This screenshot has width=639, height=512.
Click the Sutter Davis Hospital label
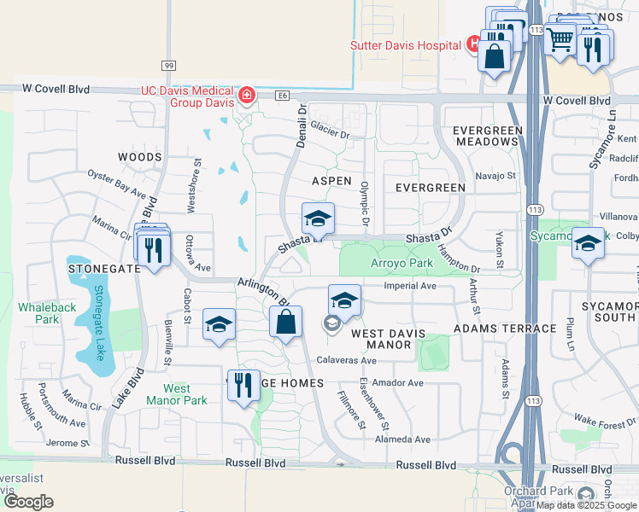click(x=405, y=44)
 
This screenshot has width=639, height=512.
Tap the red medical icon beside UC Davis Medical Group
click(x=247, y=95)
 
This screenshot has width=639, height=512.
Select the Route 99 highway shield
click(x=168, y=66)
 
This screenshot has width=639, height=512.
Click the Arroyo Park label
click(x=402, y=264)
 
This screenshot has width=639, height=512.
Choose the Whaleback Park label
click(x=37, y=312)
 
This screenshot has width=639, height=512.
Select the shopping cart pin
click(x=560, y=38)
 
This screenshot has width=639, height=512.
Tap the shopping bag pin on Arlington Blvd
click(x=286, y=323)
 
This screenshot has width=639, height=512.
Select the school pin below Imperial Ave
click(x=344, y=300)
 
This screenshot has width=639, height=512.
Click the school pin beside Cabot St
click(x=219, y=325)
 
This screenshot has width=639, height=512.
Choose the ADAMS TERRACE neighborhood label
click(x=494, y=329)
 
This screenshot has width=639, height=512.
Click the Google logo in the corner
click(x=29, y=502)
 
